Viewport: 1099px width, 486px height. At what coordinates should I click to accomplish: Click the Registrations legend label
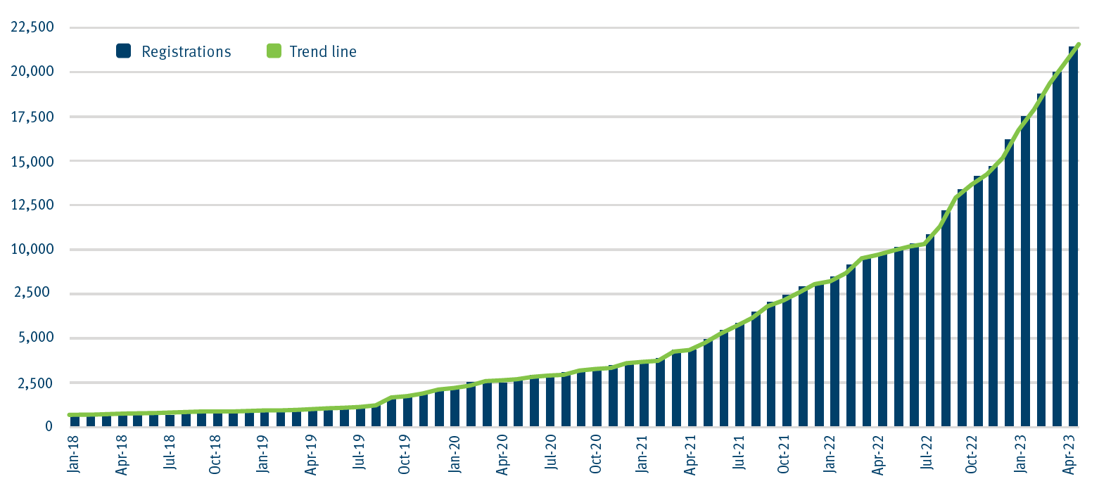(x=186, y=51)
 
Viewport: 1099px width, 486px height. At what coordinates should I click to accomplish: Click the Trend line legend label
(x=323, y=51)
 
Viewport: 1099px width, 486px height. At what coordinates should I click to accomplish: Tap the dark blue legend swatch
(x=124, y=51)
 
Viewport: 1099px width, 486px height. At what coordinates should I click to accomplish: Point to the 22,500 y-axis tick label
(x=30, y=27)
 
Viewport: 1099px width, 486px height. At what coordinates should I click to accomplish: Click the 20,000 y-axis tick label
(x=30, y=72)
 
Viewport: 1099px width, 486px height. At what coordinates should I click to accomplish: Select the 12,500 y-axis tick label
(x=30, y=205)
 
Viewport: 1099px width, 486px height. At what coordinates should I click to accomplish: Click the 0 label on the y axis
(x=49, y=426)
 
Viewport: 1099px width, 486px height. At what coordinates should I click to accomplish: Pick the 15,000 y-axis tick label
(x=30, y=160)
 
